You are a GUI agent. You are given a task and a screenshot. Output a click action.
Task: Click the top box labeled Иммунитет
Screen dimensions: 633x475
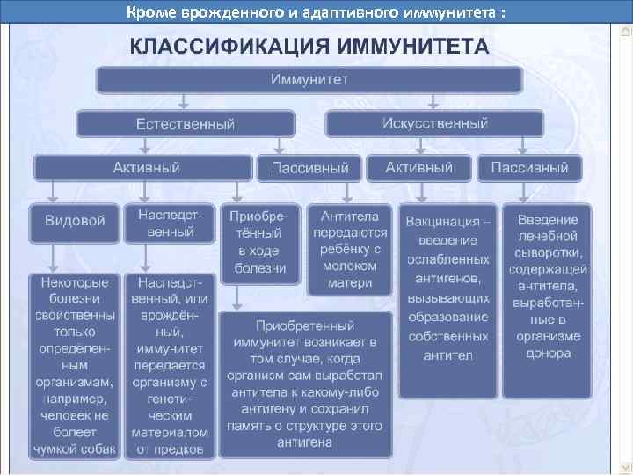coord(309,81)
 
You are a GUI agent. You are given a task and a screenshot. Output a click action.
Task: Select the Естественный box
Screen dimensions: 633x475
coord(186,124)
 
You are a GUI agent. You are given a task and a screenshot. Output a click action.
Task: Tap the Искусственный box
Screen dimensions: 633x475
coord(434,123)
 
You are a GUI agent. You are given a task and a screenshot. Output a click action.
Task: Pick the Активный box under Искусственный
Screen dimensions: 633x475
coord(418,167)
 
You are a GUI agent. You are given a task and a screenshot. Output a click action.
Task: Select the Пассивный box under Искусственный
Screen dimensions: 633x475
coord(528,167)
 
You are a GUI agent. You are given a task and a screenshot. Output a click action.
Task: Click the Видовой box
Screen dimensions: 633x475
coord(75,221)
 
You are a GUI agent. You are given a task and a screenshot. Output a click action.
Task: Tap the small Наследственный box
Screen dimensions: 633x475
coord(171,223)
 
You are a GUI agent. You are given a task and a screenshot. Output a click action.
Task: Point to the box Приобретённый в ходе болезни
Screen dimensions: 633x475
coord(259,244)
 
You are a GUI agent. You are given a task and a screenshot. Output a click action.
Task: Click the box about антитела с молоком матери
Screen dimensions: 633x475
coord(350,249)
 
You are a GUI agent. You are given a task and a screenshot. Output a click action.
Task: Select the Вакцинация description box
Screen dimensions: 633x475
coord(447,300)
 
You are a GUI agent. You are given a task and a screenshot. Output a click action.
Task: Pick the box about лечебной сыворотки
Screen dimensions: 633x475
coord(548,287)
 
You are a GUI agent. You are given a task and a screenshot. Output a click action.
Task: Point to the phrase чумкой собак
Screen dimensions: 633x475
coord(75,449)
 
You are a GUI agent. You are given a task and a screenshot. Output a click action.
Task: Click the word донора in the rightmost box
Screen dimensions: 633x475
coord(548,354)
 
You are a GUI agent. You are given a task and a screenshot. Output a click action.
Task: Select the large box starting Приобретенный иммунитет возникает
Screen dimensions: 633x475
coord(307,382)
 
